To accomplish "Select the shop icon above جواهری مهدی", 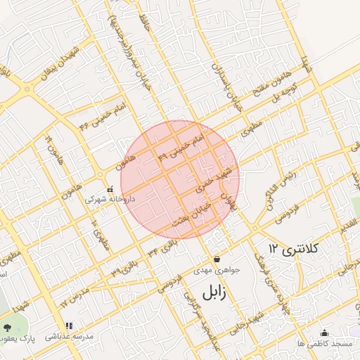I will point(216,258).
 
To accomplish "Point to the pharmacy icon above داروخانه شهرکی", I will point(110,189).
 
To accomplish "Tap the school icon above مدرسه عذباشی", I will point(68,326).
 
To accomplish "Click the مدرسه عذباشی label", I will point(69,337).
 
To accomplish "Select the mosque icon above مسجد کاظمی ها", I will point(324,333).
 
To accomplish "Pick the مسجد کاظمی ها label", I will point(324,343).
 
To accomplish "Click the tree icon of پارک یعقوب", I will point(7,328).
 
